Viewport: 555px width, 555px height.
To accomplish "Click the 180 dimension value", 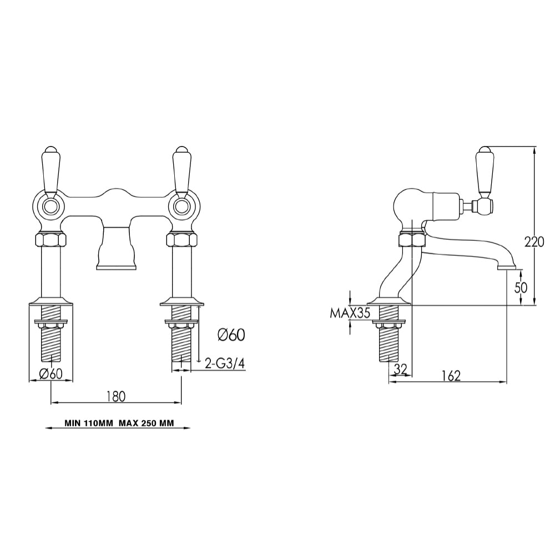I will tap(115, 396).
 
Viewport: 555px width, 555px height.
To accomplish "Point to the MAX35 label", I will tap(350, 313).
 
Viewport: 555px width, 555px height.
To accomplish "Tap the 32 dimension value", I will tap(401, 369).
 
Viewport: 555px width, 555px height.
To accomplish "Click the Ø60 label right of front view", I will tap(231, 334).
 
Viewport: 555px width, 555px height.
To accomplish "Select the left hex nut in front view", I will tap(51, 240).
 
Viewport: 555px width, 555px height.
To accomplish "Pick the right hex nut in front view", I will tap(181, 240).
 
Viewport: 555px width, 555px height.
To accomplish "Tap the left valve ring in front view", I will tap(51, 206).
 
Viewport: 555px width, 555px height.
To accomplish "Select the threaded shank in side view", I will tap(390, 344).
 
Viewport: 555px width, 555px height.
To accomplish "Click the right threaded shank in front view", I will tap(182, 344).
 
